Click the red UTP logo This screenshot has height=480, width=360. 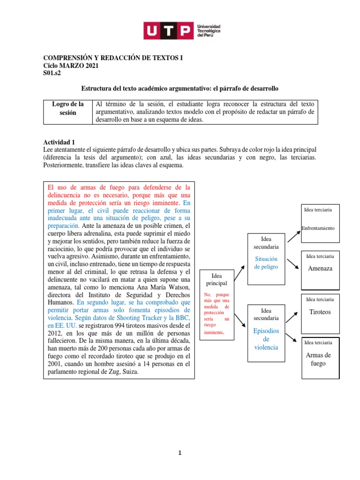(168, 31)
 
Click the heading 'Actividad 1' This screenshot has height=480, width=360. (59, 142)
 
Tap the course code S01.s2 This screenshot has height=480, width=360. (52, 73)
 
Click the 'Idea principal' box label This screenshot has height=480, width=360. (217, 279)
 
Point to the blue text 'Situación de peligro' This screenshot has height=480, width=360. (266, 262)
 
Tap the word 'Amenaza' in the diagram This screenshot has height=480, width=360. (320, 269)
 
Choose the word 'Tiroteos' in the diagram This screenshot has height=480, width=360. (320, 312)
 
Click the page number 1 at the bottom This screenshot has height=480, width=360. (179, 453)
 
